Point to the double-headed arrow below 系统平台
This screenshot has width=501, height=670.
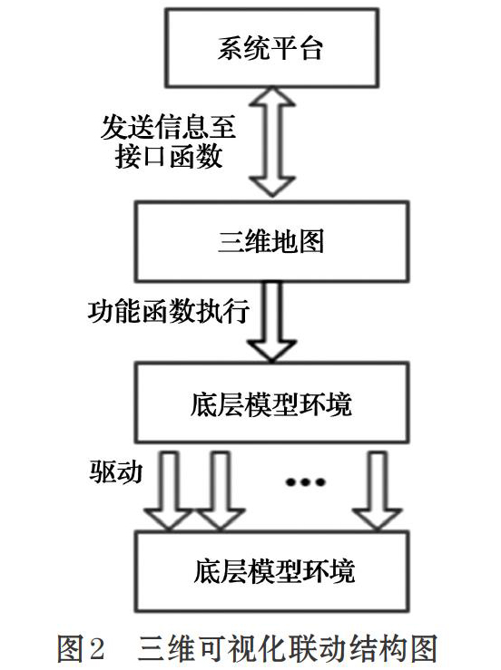[272, 141]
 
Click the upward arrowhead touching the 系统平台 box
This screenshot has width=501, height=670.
[272, 97]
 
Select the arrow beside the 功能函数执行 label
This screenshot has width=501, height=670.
[272, 322]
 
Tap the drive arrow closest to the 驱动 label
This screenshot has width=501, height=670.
[168, 490]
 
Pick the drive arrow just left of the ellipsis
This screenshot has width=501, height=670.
[220, 490]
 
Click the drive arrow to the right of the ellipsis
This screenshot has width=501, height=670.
[377, 490]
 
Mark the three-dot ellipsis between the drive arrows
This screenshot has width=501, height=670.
[306, 482]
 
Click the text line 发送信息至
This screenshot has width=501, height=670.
[168, 126]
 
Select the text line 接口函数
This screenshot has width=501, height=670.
[169, 156]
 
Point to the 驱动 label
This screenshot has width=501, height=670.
[116, 472]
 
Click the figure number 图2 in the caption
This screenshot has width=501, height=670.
[82, 648]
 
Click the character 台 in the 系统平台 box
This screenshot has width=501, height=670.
[310, 48]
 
